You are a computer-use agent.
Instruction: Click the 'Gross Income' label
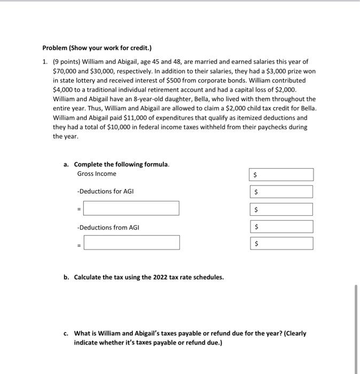click(x=96, y=174)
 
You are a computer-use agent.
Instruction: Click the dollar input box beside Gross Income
click(x=281, y=175)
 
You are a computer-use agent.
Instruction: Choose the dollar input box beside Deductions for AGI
click(x=281, y=192)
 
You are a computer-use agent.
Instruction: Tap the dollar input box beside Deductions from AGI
click(x=281, y=227)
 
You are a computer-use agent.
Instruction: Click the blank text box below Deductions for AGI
click(x=131, y=208)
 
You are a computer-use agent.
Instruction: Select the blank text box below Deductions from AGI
click(x=131, y=243)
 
